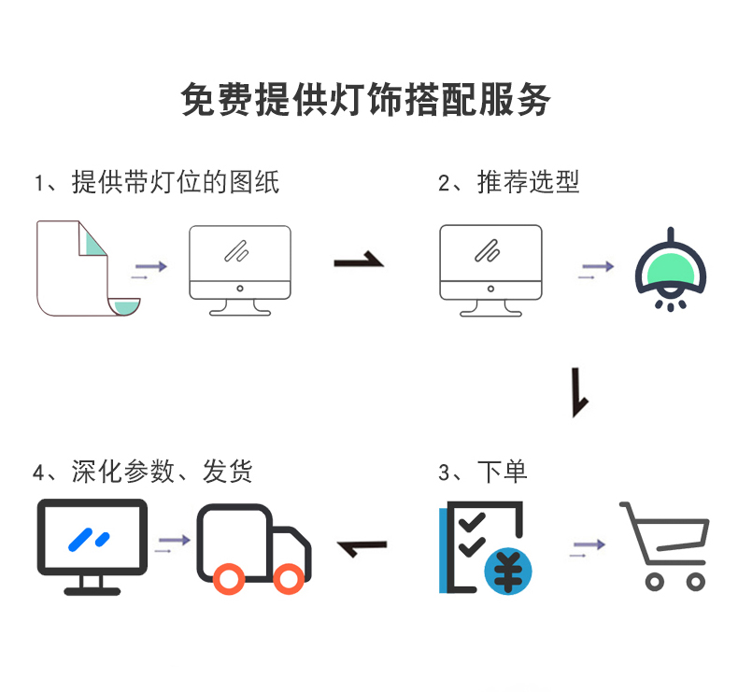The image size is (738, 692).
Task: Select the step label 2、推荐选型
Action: pos(508,181)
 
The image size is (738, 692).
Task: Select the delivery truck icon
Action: pos(253,549)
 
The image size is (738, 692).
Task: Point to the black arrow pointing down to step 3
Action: pos(579,393)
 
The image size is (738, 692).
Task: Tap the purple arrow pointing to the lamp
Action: pos(597,268)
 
